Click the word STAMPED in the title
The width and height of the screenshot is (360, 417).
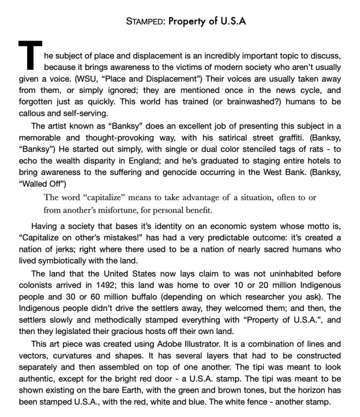(x=144, y=21)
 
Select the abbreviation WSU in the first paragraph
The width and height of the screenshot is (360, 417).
(x=84, y=78)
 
